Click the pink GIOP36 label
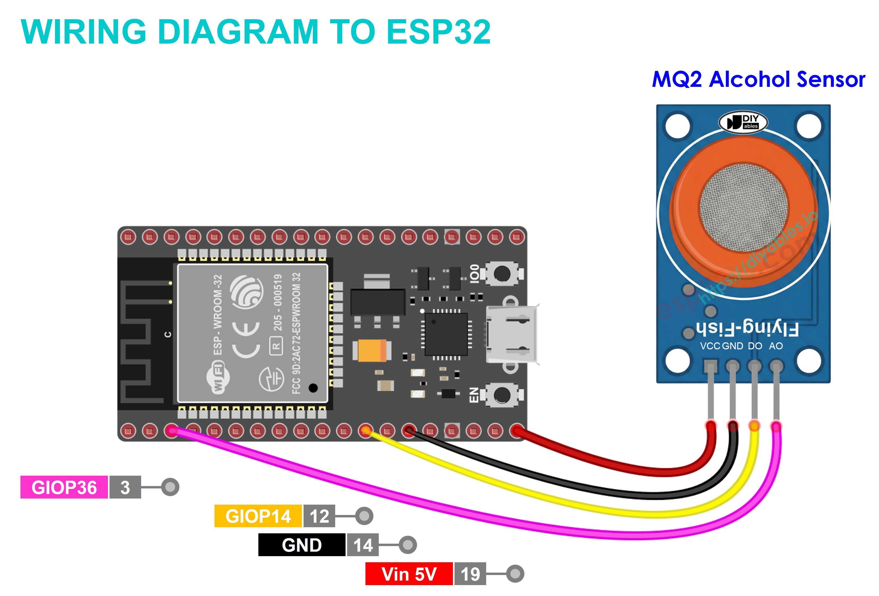coord(64,487)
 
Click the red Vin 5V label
coord(409,574)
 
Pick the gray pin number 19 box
coord(470,574)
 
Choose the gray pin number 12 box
coord(319,516)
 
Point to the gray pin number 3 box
coord(125,487)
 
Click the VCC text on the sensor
coord(710,346)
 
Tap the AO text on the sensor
coord(776,346)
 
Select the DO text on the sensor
coord(755,346)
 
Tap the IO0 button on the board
coord(502,274)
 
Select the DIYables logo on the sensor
coord(743,122)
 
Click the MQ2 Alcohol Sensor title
coord(758,79)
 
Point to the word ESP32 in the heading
coord(438,32)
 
